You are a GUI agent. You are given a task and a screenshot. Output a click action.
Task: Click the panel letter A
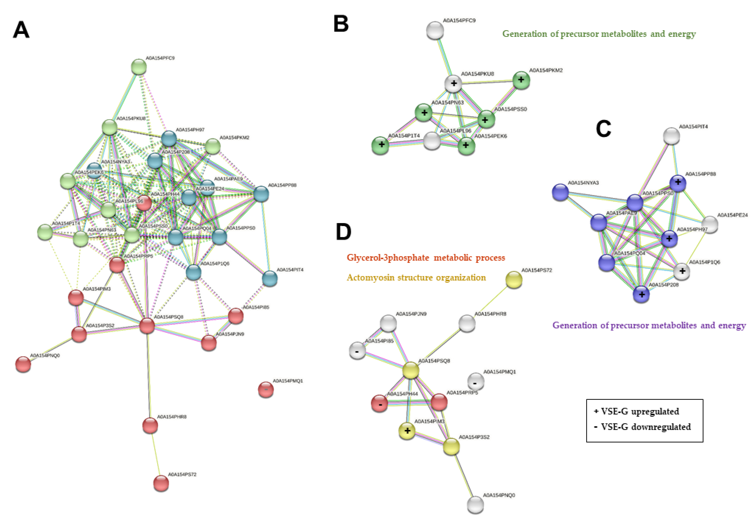pyautogui.click(x=21, y=30)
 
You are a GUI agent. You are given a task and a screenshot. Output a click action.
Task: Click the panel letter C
pyautogui.click(x=603, y=129)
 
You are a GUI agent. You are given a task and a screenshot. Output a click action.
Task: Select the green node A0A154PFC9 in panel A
pyautogui.click(x=139, y=67)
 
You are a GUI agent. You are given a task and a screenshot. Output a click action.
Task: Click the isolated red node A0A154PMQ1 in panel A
pyautogui.click(x=266, y=389)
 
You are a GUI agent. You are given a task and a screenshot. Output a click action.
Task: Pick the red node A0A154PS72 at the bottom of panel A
pyautogui.click(x=161, y=483)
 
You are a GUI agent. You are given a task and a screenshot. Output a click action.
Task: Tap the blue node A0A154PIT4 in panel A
pyautogui.click(x=270, y=279)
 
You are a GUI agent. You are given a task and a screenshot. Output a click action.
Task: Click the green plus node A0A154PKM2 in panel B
pyautogui.click(x=521, y=80)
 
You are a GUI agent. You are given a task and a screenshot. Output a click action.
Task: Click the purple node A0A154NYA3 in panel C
pyautogui.click(x=560, y=192)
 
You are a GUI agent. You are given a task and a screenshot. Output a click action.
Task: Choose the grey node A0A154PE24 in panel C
pyautogui.click(x=710, y=224)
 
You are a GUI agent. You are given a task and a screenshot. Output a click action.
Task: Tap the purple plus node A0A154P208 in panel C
pyautogui.click(x=641, y=294)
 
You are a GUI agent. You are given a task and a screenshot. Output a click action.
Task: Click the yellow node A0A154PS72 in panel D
pyautogui.click(x=514, y=280)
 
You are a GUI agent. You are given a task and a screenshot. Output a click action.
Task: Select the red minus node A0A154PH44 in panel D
pyautogui.click(x=379, y=403)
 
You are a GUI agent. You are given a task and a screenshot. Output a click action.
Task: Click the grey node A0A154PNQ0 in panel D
pyautogui.click(x=475, y=504)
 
